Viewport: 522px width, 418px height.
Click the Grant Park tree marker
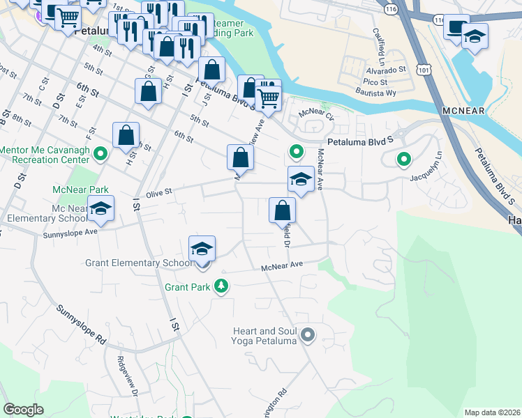222,286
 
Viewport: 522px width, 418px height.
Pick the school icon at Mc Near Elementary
101,209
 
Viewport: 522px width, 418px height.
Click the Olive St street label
158,196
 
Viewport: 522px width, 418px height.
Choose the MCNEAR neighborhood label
464,111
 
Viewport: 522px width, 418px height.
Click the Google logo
23,410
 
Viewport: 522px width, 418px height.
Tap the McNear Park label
81,189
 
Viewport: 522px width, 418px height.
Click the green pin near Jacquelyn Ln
404,160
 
